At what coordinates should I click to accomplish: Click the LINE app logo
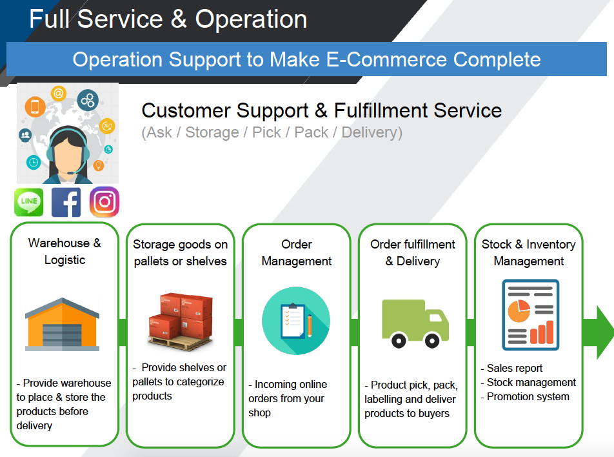pos(28,202)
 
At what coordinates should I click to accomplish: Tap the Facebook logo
pos(66,202)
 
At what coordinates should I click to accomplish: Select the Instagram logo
pos(104,202)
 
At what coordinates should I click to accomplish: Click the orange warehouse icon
pos(63,324)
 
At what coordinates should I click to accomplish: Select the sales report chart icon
pos(531,315)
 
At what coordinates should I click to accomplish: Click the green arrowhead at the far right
pos(605,332)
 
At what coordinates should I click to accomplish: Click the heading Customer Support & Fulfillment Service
pos(321,110)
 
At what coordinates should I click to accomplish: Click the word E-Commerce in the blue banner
pos(387,59)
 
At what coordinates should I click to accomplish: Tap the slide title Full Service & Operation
pos(168,19)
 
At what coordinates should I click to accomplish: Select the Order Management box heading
pos(297,253)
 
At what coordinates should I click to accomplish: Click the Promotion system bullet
pos(525,396)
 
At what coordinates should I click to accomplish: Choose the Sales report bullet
pos(511,368)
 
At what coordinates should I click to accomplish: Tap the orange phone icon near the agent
pos(35,107)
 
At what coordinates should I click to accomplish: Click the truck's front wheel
pos(432,341)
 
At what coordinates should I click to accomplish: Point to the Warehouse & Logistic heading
pos(64,251)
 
